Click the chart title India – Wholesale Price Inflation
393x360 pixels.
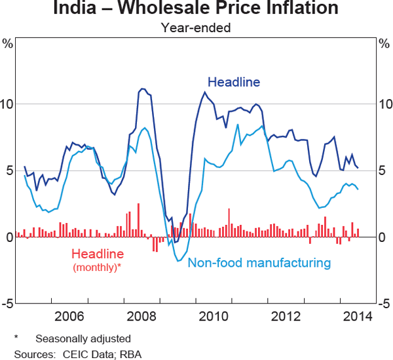point(196,9)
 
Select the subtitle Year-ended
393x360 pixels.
point(196,28)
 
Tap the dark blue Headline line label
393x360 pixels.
point(234,82)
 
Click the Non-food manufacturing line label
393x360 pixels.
point(259,263)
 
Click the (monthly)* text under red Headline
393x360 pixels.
point(98,267)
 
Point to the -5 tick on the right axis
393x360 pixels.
point(384,304)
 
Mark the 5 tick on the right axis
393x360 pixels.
point(384,171)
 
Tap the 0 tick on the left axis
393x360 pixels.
point(9,237)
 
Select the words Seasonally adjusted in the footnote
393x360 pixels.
point(83,339)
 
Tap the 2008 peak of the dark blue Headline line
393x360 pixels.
point(141,89)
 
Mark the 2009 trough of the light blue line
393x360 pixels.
point(178,261)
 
